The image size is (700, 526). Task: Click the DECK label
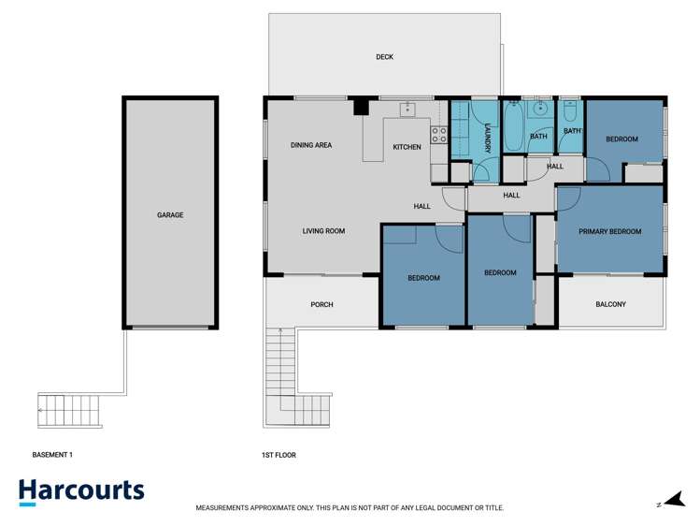tap(384, 57)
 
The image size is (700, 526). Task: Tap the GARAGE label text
tap(170, 215)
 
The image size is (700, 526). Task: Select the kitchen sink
tap(407, 110)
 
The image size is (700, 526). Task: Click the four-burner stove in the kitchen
tap(438, 133)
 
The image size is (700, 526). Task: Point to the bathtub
tap(513, 127)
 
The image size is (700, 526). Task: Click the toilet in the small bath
tap(569, 113)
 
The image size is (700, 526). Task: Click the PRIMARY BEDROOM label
tap(609, 231)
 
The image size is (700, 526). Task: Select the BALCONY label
tap(610, 304)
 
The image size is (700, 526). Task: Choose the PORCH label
tap(321, 304)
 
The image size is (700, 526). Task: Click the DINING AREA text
tap(310, 145)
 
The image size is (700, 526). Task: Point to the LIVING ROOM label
tap(323, 231)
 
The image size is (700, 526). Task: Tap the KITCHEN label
tap(407, 147)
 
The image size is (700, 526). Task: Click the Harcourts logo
tap(81, 491)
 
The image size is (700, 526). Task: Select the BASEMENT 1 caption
tap(52, 455)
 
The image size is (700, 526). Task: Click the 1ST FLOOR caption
tap(279, 455)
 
